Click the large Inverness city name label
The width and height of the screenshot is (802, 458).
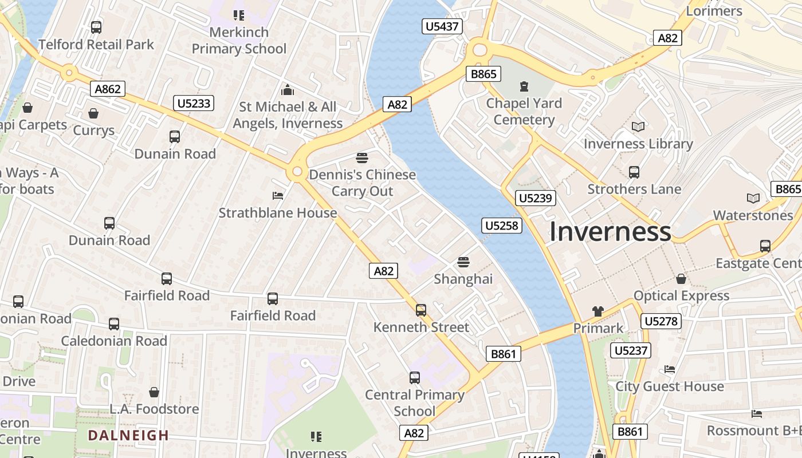click(610, 232)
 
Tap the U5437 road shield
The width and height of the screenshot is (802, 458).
click(442, 26)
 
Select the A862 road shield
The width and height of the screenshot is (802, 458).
click(108, 89)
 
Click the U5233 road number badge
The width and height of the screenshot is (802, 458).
click(194, 103)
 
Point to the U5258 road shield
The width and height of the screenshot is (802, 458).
click(501, 226)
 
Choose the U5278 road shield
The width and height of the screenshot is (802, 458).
click(661, 321)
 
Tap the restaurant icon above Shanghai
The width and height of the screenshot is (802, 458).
click(463, 262)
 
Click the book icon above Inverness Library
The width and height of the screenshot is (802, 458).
click(638, 127)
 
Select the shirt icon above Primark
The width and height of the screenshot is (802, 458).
click(598, 311)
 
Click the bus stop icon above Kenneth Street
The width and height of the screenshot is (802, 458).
click(421, 310)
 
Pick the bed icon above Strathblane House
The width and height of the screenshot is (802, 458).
click(278, 196)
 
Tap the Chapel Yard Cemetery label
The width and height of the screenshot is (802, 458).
click(524, 112)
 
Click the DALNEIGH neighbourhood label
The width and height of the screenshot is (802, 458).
click(128, 435)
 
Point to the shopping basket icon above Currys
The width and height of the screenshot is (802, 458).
click(93, 113)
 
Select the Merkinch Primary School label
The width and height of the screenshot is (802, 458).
click(239, 41)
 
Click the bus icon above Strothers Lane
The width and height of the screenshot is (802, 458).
click(634, 172)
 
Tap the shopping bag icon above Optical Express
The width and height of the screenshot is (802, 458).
click(681, 279)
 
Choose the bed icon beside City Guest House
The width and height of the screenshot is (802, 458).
click(670, 369)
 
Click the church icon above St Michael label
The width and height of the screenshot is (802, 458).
click(288, 90)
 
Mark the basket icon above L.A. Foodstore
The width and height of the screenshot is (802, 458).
click(154, 392)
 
